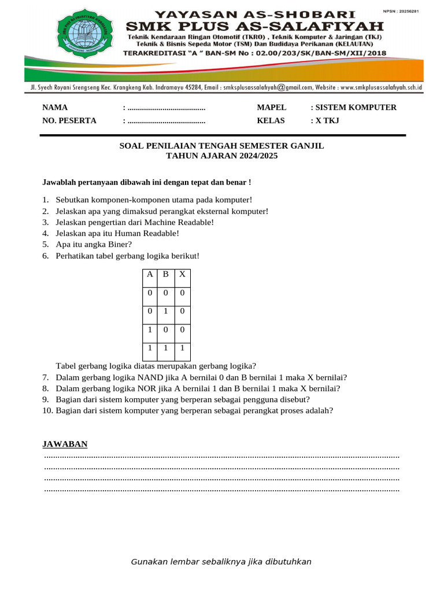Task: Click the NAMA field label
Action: click(55, 108)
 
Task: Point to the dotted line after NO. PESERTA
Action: click(166, 121)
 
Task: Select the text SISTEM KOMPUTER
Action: click(356, 108)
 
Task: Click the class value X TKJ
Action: click(327, 121)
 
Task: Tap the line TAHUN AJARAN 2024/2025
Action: click(221, 156)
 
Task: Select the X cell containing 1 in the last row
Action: click(182, 348)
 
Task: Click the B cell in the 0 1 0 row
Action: click(165, 312)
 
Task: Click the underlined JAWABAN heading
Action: click(65, 444)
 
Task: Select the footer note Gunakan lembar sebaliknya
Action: click(221, 562)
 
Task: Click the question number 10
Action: click(47, 410)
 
